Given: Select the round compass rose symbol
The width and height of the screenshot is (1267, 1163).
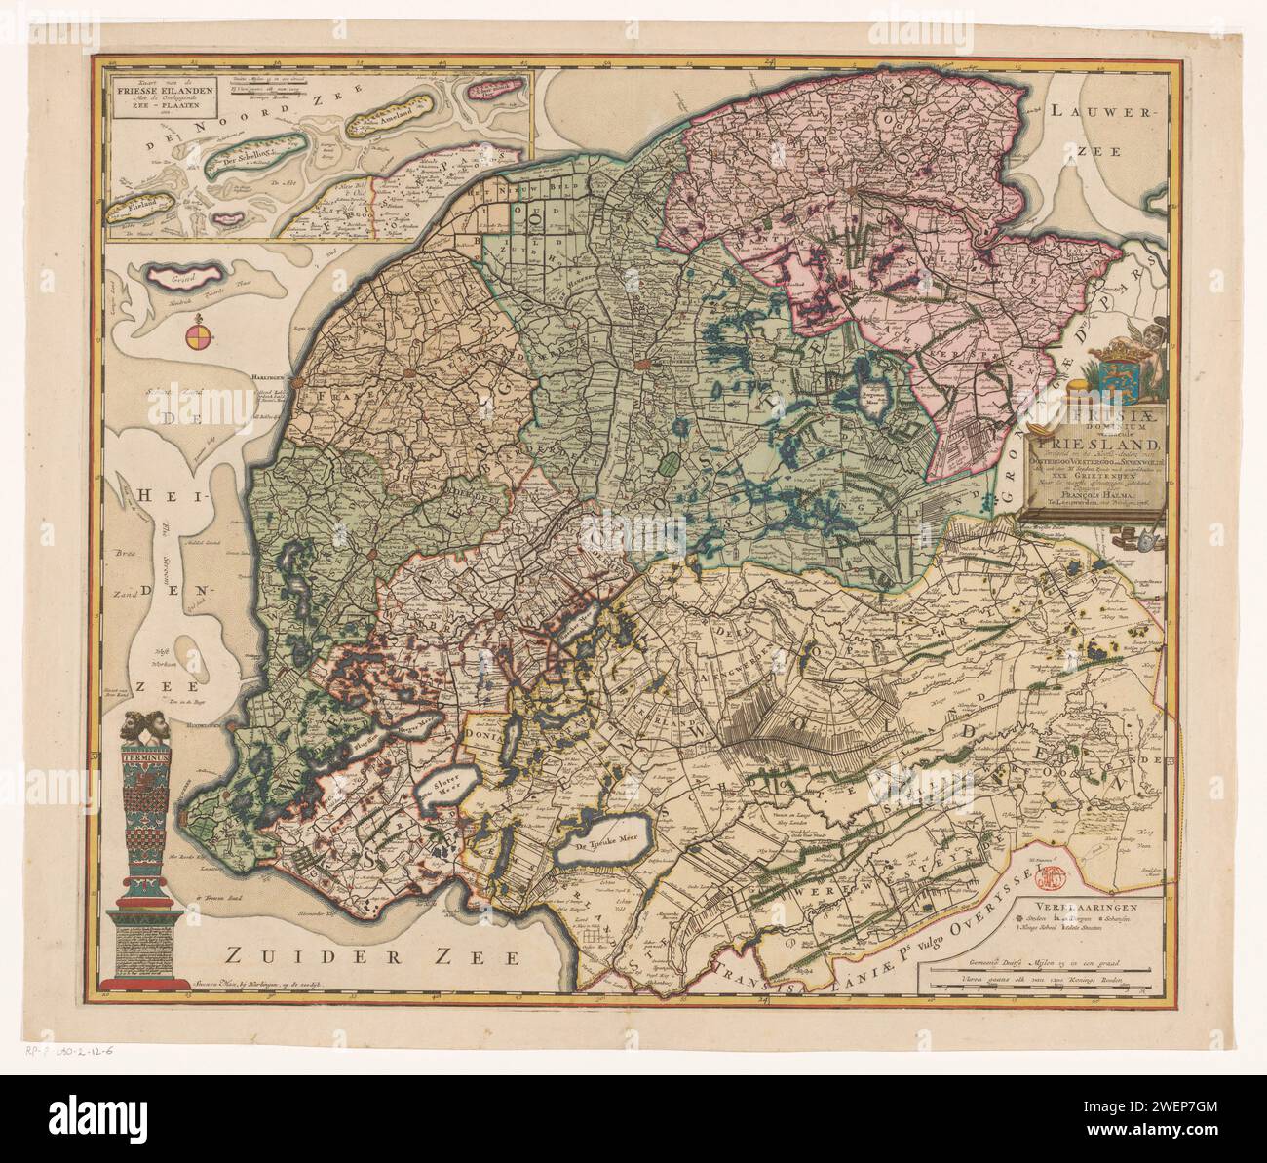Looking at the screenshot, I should [x=197, y=338].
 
